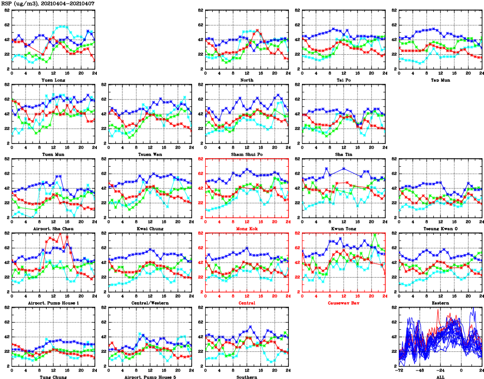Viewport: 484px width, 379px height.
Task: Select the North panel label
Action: coord(246,80)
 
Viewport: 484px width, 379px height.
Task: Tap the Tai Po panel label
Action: coord(343,80)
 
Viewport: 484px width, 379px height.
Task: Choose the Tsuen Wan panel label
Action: coord(150,154)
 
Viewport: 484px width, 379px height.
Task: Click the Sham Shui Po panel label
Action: coord(246,154)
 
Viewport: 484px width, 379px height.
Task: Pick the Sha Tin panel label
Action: coord(343,154)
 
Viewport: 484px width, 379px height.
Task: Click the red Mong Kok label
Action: coord(246,228)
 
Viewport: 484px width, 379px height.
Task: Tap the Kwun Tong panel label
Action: coord(343,228)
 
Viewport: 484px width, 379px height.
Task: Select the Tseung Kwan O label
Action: coord(440,228)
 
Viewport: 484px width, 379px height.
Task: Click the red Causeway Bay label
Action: coord(343,303)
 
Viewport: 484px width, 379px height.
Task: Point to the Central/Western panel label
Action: coord(150,303)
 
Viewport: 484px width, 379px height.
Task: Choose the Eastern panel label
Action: coord(440,303)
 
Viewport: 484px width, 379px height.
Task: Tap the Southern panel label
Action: coord(246,376)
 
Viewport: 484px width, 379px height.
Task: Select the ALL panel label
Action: coord(440,376)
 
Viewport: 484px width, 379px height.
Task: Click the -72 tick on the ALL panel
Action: coord(399,370)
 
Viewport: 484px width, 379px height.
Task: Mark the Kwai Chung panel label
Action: coord(150,228)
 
